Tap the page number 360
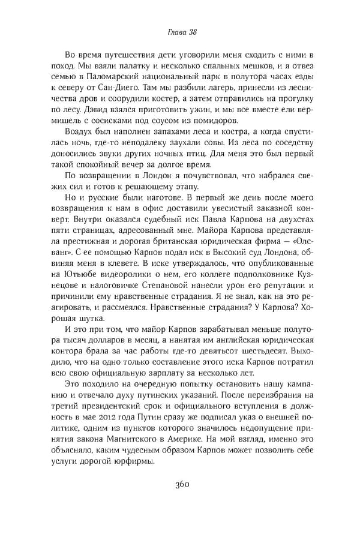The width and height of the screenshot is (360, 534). [x=180, y=484]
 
